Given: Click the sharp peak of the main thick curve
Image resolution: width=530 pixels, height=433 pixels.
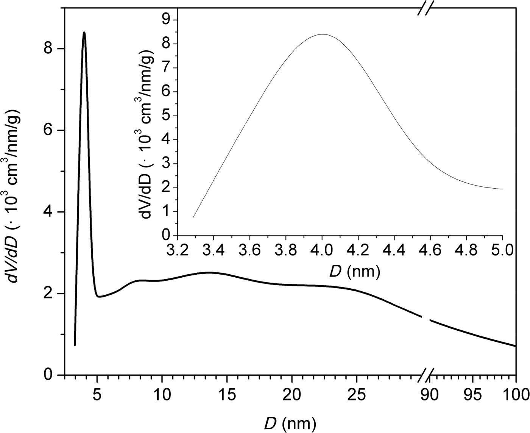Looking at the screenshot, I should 84,33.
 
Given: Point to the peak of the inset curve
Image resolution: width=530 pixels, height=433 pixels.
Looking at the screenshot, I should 322,34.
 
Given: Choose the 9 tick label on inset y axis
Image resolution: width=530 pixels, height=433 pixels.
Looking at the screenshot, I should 166,20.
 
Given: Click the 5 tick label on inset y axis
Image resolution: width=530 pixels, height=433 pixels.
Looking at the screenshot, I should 166,116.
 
